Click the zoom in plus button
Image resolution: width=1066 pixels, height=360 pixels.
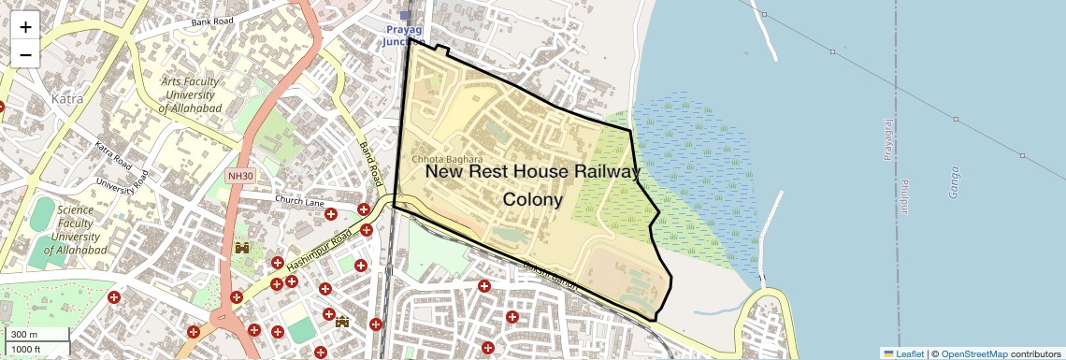(25, 26)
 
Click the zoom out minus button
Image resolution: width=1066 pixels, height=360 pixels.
(25, 54)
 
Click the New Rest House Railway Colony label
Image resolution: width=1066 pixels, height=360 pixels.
(533, 185)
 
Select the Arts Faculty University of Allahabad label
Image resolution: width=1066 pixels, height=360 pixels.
(190, 95)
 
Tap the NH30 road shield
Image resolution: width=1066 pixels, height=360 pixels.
(240, 176)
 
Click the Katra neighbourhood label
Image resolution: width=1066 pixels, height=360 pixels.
(67, 98)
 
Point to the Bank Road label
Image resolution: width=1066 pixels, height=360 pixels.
(211, 21)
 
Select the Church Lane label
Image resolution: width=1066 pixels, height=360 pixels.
(299, 201)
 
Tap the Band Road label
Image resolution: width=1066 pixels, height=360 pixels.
(371, 162)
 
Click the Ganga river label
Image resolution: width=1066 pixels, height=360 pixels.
(954, 183)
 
